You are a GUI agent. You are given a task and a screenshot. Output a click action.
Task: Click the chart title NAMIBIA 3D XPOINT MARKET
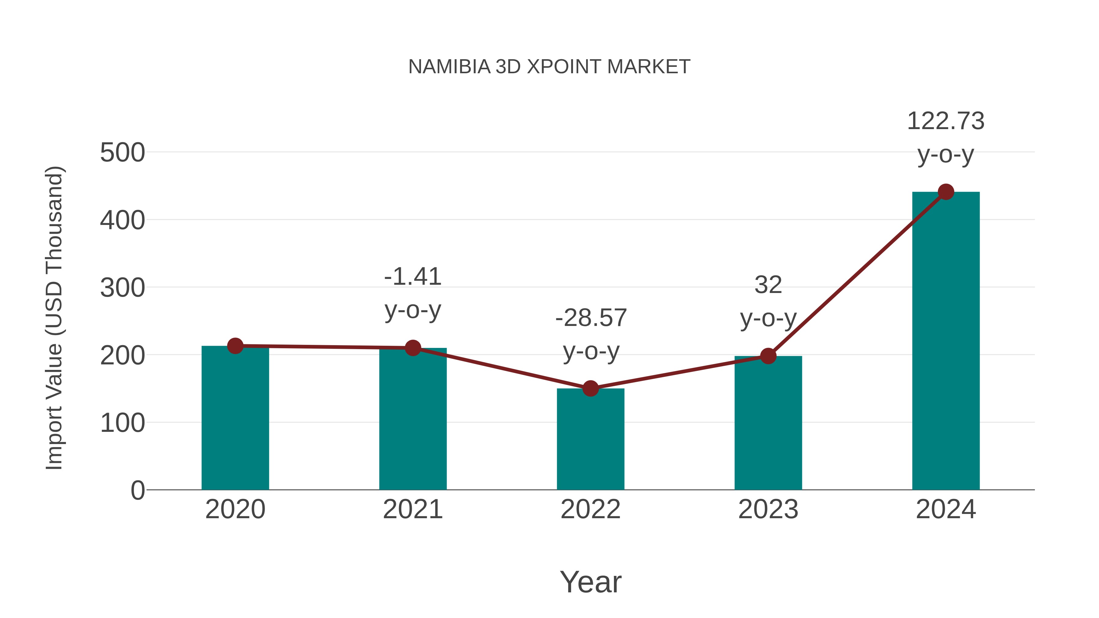pos(549,67)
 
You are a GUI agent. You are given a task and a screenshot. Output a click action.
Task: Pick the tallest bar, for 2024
pos(946,341)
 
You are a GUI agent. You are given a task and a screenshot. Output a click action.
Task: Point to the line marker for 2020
pos(235,346)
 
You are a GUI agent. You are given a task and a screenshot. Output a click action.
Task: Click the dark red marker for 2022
pos(590,389)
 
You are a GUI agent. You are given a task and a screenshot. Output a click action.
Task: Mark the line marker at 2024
pos(946,192)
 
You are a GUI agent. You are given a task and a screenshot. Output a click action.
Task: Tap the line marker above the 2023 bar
pos(768,356)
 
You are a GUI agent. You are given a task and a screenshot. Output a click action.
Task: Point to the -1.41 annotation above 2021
pos(412,277)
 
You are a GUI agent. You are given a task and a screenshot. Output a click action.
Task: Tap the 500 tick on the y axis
pos(122,153)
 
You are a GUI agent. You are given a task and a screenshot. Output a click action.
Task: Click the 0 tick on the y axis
pos(137,490)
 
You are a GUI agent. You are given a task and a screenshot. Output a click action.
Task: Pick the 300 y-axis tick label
pos(122,288)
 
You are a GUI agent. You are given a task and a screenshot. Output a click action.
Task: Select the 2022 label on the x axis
pos(590,509)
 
